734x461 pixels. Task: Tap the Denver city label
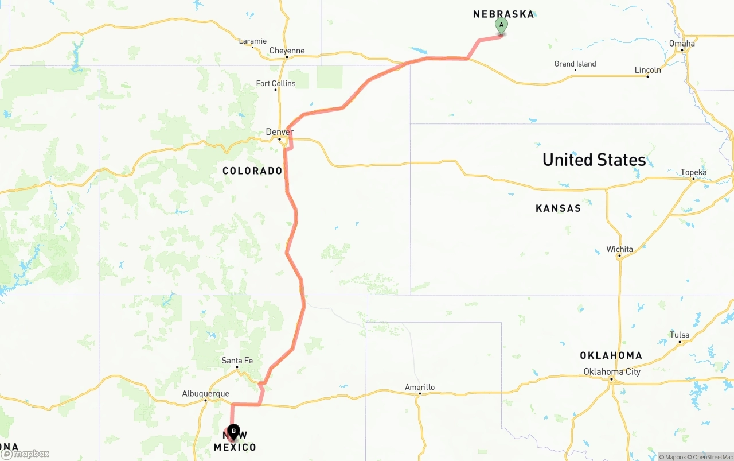click(279, 132)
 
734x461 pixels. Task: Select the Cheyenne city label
click(287, 51)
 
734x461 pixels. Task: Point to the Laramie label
click(252, 41)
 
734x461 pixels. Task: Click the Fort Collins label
click(276, 83)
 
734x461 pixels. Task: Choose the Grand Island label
click(575, 64)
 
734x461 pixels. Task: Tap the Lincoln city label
click(647, 70)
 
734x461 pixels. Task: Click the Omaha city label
click(682, 43)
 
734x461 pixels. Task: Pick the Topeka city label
click(693, 172)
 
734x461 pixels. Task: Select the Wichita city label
click(619, 249)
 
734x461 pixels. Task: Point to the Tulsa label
click(680, 335)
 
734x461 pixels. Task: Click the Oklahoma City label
click(611, 371)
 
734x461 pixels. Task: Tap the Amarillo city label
click(420, 387)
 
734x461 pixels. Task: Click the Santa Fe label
click(237, 361)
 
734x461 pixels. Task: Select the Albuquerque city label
click(205, 393)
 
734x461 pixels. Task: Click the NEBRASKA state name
click(503, 14)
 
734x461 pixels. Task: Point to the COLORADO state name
click(252, 171)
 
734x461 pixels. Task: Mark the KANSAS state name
click(558, 208)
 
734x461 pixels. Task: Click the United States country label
click(594, 160)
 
